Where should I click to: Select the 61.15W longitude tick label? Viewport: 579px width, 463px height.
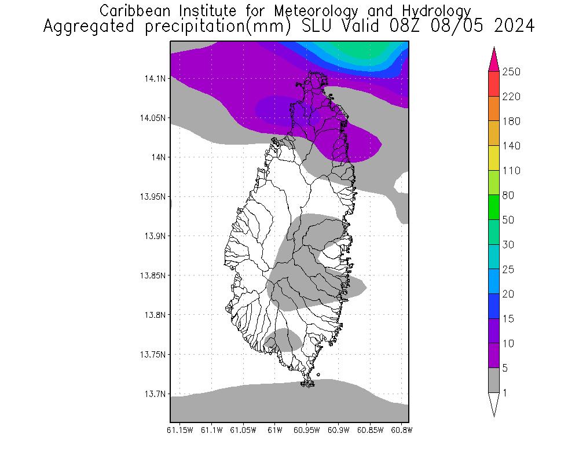click(179, 430)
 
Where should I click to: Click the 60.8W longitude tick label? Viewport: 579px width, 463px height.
click(401, 430)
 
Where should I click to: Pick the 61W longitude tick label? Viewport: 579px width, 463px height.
click(275, 430)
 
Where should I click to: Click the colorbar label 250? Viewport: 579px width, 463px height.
click(512, 72)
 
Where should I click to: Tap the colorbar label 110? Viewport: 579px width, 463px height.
click(511, 171)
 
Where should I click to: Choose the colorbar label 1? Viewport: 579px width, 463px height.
click(505, 393)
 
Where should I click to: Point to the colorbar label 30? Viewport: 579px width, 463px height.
click(509, 245)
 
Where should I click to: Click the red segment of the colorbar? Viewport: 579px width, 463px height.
click(494, 84)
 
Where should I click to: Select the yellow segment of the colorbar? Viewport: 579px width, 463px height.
click(494, 158)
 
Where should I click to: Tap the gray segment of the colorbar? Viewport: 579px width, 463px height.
click(494, 380)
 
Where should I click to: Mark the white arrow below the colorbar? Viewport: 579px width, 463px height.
click(494, 405)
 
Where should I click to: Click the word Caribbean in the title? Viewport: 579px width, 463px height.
click(135, 11)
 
